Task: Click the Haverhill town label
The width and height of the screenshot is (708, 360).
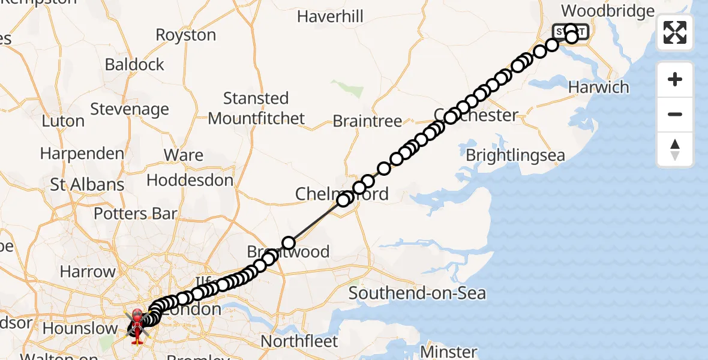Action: [x=330, y=16]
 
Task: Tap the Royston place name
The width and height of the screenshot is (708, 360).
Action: [x=185, y=35]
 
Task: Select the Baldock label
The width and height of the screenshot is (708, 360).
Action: [x=134, y=64]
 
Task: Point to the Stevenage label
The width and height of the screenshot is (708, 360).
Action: [x=130, y=109]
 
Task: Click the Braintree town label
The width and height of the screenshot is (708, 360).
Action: [x=367, y=121]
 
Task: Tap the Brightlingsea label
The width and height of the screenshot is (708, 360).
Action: [x=515, y=155]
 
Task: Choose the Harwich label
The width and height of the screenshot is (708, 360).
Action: [x=598, y=87]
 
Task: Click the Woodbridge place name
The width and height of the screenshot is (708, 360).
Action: [x=607, y=11]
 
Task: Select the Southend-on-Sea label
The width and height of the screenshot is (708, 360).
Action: [x=417, y=293]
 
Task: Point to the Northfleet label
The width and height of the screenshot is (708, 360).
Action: [x=299, y=341]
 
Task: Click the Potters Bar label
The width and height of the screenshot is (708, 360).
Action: [x=136, y=214]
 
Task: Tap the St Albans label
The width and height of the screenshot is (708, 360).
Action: [x=87, y=184]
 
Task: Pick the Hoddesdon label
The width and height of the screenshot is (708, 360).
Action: [x=190, y=180]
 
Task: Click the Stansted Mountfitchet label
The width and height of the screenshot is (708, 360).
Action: [x=256, y=108]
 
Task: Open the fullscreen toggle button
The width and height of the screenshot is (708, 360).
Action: [x=675, y=32]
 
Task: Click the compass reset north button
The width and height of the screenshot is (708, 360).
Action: [x=675, y=149]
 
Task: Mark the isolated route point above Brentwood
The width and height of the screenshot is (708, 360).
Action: [x=289, y=243]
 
